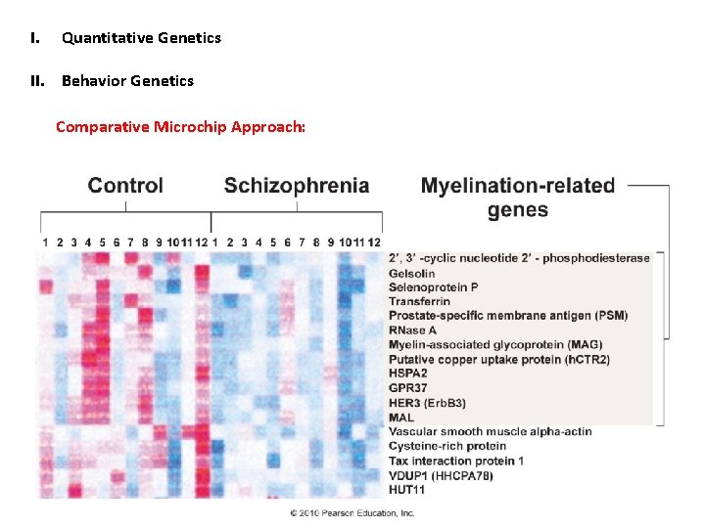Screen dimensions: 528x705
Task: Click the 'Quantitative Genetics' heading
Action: point(141,38)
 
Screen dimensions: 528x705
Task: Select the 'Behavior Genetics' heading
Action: point(127,80)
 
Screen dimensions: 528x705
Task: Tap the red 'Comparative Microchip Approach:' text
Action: point(180,126)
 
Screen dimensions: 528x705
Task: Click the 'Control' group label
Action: point(125,185)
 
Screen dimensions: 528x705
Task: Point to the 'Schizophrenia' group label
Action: point(297,185)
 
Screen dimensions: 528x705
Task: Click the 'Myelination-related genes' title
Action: point(518,197)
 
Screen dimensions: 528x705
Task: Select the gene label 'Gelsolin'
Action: point(411,273)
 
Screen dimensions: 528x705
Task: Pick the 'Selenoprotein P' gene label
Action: point(434,287)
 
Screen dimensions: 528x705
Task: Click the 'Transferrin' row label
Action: point(419,301)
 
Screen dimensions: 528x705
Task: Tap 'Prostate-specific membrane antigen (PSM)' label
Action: point(508,316)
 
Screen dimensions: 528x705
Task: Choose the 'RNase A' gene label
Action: point(411,330)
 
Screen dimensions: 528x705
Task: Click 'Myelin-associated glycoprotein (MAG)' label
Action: point(495,345)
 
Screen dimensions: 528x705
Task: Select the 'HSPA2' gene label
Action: point(408,374)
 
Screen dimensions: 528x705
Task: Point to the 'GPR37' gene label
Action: point(408,388)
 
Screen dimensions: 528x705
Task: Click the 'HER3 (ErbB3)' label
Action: point(427,403)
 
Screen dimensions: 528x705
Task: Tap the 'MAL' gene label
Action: point(401,418)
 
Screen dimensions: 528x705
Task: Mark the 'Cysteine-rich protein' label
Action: point(447,446)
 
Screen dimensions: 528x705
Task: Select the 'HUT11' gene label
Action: point(406,489)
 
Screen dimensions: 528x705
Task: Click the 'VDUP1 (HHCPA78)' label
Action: point(441,475)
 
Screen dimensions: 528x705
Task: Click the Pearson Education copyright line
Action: point(352,512)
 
